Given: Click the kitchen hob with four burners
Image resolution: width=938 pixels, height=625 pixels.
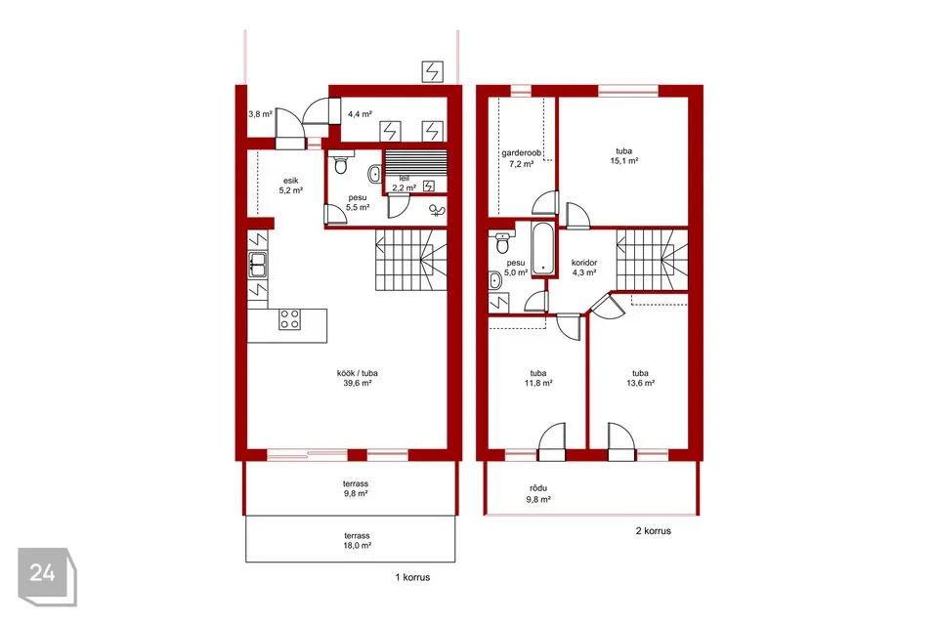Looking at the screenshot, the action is (289, 318).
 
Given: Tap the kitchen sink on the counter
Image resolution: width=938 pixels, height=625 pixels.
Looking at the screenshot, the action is (258, 265).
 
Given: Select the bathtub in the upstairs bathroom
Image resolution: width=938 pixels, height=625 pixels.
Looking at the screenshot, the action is (543, 250).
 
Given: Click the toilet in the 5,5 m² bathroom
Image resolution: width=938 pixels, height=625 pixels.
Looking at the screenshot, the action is (341, 163).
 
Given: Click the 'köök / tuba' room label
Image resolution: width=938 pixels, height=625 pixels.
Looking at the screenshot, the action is (358, 373).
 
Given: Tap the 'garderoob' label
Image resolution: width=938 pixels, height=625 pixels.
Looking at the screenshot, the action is (521, 153).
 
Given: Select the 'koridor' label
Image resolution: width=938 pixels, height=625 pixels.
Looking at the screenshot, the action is (584, 263).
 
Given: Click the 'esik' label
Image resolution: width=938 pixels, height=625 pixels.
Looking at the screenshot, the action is (291, 181).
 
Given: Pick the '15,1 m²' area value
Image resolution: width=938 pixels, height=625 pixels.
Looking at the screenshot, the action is (624, 161).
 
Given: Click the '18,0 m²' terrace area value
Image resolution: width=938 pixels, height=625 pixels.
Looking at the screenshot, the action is (358, 546).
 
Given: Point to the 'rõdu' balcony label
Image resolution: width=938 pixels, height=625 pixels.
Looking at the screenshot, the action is (538, 488).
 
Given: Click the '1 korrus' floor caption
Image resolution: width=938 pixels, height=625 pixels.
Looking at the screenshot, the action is (412, 578).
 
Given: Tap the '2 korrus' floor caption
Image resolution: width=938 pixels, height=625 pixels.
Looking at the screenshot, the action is (654, 531).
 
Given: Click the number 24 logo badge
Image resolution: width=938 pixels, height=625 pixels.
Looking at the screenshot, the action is (47, 576).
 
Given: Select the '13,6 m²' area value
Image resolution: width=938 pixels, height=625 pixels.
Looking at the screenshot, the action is (640, 384).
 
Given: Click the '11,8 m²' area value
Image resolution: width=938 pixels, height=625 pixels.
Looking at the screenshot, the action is (538, 384).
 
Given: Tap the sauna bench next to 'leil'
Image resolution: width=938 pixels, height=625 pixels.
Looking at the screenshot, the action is (416, 163).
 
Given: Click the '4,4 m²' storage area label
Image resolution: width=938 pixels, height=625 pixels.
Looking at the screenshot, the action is (361, 114).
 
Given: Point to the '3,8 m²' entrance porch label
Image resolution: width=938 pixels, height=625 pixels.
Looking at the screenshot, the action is (260, 114).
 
